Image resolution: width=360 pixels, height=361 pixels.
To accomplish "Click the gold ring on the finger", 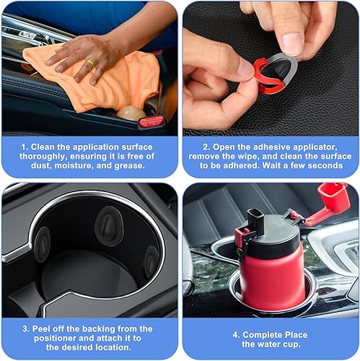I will pos(89,65).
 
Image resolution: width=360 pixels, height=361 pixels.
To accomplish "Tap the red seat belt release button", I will pos(151,121).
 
